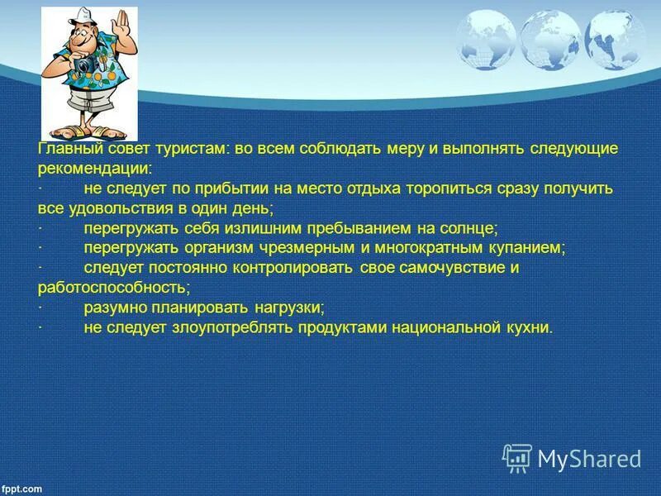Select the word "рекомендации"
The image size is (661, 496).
(93, 169)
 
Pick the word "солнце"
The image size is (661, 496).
(468, 228)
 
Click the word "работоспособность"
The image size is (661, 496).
(113, 288)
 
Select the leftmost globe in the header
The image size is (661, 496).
(485, 39)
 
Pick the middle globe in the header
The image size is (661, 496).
(551, 38)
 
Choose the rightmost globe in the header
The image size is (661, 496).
(613, 39)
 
